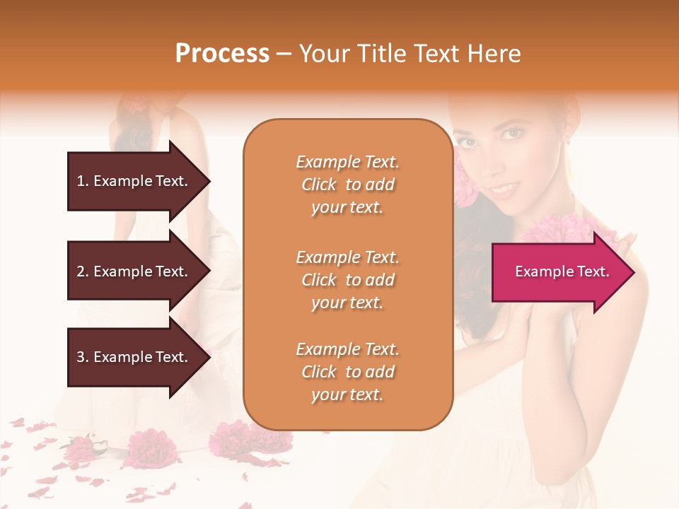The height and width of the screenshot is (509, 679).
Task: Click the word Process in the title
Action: (x=222, y=54)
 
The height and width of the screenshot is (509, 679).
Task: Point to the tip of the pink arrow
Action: (x=634, y=272)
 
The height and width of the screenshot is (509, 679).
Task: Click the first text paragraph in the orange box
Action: (x=347, y=185)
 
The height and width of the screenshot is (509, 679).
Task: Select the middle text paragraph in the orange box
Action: (x=347, y=280)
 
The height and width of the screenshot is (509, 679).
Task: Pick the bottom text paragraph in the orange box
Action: (x=347, y=372)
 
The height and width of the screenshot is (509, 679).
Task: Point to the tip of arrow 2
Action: (x=209, y=271)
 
